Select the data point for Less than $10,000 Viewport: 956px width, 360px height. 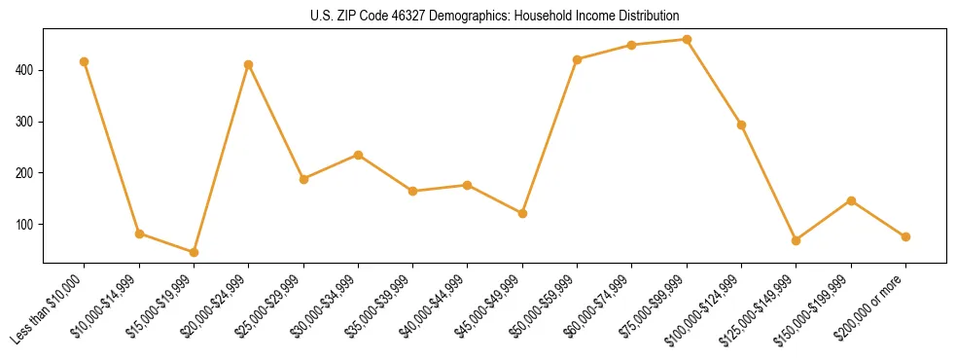click(85, 62)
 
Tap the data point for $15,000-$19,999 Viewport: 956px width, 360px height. click(194, 252)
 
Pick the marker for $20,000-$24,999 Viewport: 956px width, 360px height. click(249, 65)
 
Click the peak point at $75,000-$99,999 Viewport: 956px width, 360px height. click(687, 40)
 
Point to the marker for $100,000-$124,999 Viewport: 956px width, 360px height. click(742, 125)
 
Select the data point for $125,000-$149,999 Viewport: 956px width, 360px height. click(797, 240)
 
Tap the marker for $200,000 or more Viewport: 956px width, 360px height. click(905, 236)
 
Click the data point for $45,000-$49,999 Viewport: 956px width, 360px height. click(522, 213)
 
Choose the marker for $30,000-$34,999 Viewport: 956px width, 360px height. click(358, 155)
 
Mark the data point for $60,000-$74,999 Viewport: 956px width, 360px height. click(632, 45)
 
